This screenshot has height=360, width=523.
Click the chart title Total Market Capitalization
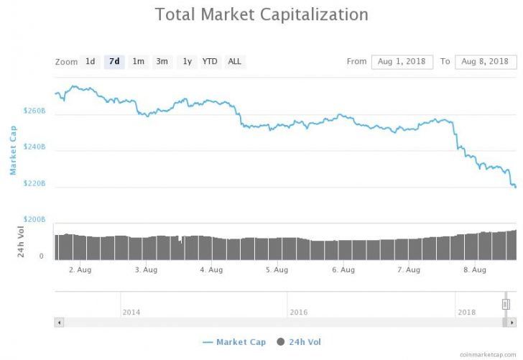pyautogui.click(x=261, y=14)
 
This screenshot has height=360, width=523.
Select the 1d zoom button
pyautogui.click(x=90, y=62)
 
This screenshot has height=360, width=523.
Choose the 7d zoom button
pyautogui.click(x=114, y=62)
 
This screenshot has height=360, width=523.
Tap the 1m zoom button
pyautogui.click(x=138, y=62)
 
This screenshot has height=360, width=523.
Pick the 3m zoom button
pyautogui.click(x=162, y=62)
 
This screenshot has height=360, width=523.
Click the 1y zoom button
pyautogui.click(x=187, y=62)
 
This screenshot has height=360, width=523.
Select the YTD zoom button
pyautogui.click(x=210, y=62)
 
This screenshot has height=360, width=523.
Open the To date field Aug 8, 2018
pyautogui.click(x=486, y=62)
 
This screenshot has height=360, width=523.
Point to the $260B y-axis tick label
pyautogui.click(x=34, y=112)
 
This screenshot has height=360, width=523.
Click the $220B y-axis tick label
pyautogui.click(x=34, y=184)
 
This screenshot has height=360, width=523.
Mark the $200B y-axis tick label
pyautogui.click(x=34, y=219)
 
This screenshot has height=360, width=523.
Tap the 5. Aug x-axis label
pyautogui.click(x=277, y=270)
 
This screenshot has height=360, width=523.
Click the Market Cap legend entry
pyautogui.click(x=233, y=341)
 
